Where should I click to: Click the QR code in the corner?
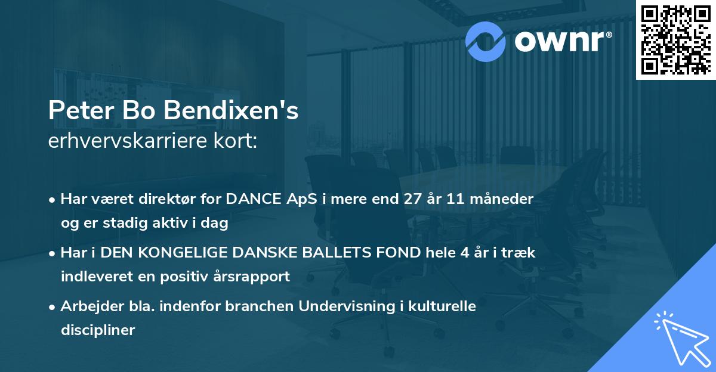[675, 39]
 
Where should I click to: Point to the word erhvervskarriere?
[118, 141]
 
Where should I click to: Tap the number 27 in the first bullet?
[413, 200]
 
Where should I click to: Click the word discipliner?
[97, 330]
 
